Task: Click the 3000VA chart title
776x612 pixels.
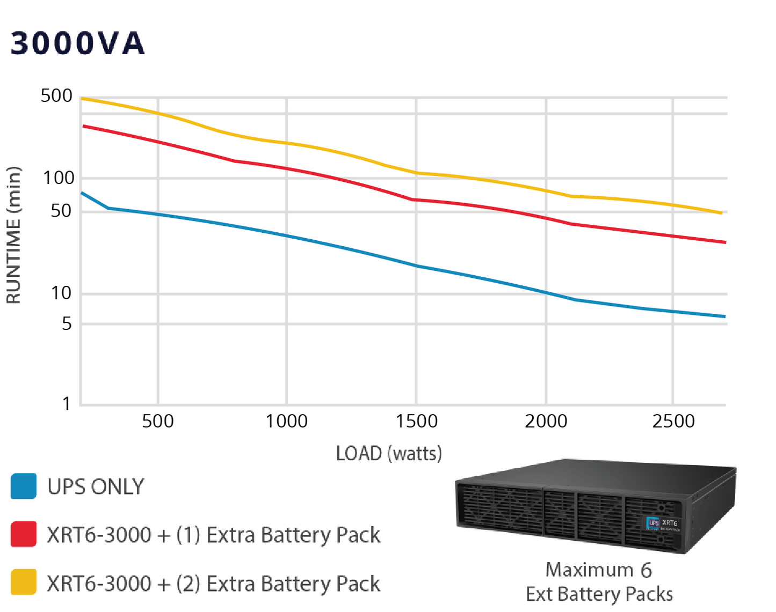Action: tap(78, 43)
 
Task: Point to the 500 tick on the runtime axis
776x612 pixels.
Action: tap(56, 96)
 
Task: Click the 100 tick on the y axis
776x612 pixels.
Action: tap(58, 178)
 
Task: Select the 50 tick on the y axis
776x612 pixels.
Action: tap(61, 211)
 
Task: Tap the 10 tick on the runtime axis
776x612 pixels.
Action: tap(61, 293)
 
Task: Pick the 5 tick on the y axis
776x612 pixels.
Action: tap(66, 323)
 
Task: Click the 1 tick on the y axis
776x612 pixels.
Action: tap(66, 403)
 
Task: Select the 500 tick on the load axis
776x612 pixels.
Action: tap(157, 421)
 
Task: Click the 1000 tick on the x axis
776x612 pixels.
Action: tap(286, 421)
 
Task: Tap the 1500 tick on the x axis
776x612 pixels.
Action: tap(416, 421)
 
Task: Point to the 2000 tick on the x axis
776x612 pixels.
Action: tap(546, 421)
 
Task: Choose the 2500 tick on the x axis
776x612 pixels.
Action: tap(673, 421)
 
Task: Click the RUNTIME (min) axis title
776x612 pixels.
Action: tap(13, 235)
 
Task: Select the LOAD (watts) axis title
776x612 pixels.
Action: tap(389, 454)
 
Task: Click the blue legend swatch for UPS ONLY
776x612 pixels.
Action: tap(24, 486)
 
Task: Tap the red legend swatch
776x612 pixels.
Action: tap(24, 534)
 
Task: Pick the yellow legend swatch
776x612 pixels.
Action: tap(24, 582)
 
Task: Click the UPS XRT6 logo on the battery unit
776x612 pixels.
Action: tap(663, 523)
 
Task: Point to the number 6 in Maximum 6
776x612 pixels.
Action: tap(646, 570)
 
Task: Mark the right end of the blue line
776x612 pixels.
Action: tap(724, 316)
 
